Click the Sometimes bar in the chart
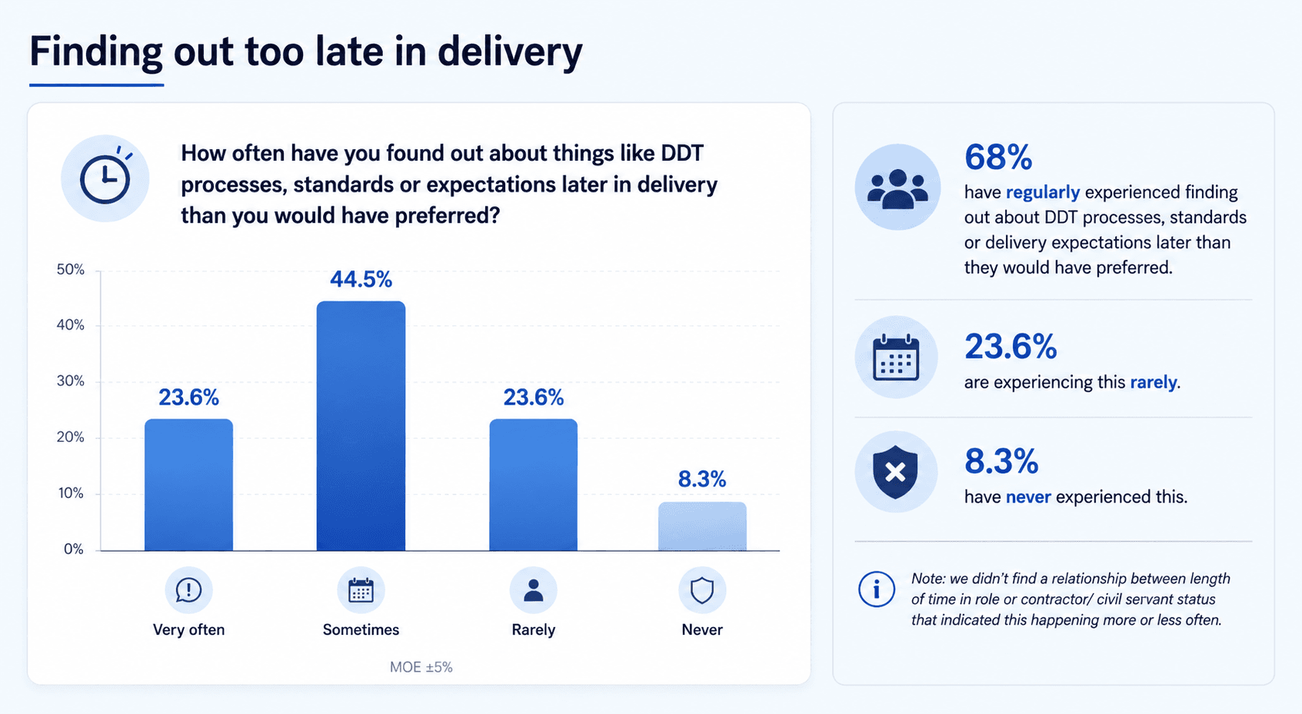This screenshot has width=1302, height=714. click(361, 426)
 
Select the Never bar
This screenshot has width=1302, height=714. click(701, 526)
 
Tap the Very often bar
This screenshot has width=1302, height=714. click(188, 485)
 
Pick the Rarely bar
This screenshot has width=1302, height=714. click(533, 485)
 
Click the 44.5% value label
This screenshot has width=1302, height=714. click(361, 279)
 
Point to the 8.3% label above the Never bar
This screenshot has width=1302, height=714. click(701, 480)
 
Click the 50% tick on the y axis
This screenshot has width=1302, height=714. click(70, 270)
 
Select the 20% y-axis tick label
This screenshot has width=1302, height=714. click(70, 437)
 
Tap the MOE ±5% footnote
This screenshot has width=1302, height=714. click(421, 667)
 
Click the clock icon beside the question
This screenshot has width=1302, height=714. click(105, 179)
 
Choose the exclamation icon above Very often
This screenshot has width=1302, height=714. click(188, 590)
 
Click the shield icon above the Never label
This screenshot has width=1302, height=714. click(701, 590)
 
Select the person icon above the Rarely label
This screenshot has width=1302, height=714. click(533, 590)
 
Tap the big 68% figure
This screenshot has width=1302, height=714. click(997, 158)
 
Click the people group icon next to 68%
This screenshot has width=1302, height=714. click(897, 188)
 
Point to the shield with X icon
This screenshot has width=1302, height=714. click(895, 472)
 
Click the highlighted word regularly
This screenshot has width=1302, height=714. click(1042, 192)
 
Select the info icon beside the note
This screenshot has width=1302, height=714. click(876, 589)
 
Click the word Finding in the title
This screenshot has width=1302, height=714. click(96, 51)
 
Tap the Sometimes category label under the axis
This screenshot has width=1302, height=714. click(361, 629)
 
